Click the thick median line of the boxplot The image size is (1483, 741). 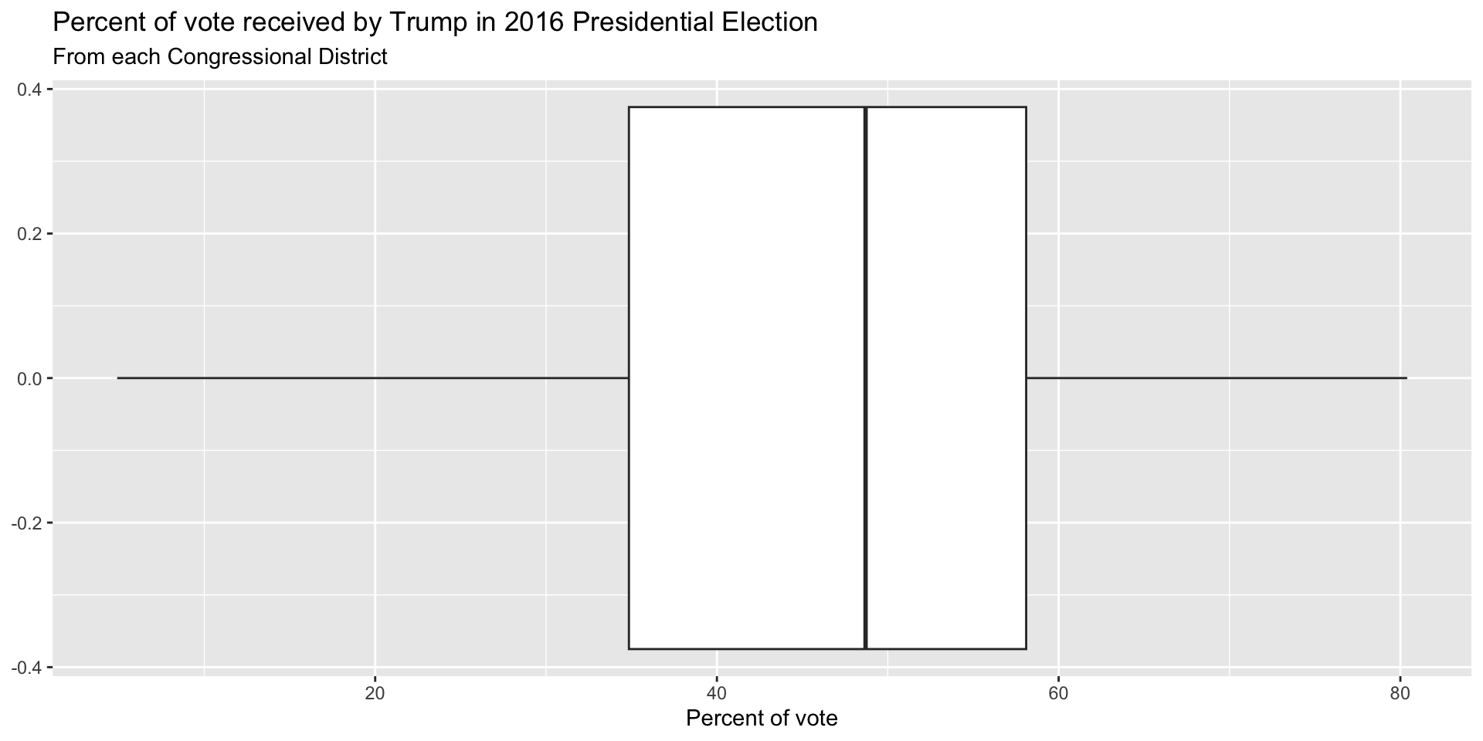tap(865, 377)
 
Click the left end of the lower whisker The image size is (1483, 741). tap(118, 378)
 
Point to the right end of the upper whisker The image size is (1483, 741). tap(1406, 378)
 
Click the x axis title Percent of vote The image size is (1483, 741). tap(762, 719)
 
